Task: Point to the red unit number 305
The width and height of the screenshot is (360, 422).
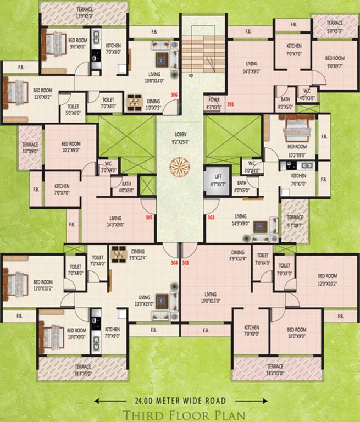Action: tap(149, 218)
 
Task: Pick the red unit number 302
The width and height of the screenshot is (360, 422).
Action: tap(211, 218)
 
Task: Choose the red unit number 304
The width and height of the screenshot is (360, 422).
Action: tap(174, 263)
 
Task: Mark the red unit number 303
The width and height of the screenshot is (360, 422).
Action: tap(185, 263)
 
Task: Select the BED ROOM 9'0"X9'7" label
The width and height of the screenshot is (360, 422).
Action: tap(334, 61)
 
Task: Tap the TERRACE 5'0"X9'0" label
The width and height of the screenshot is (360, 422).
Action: tap(31, 148)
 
